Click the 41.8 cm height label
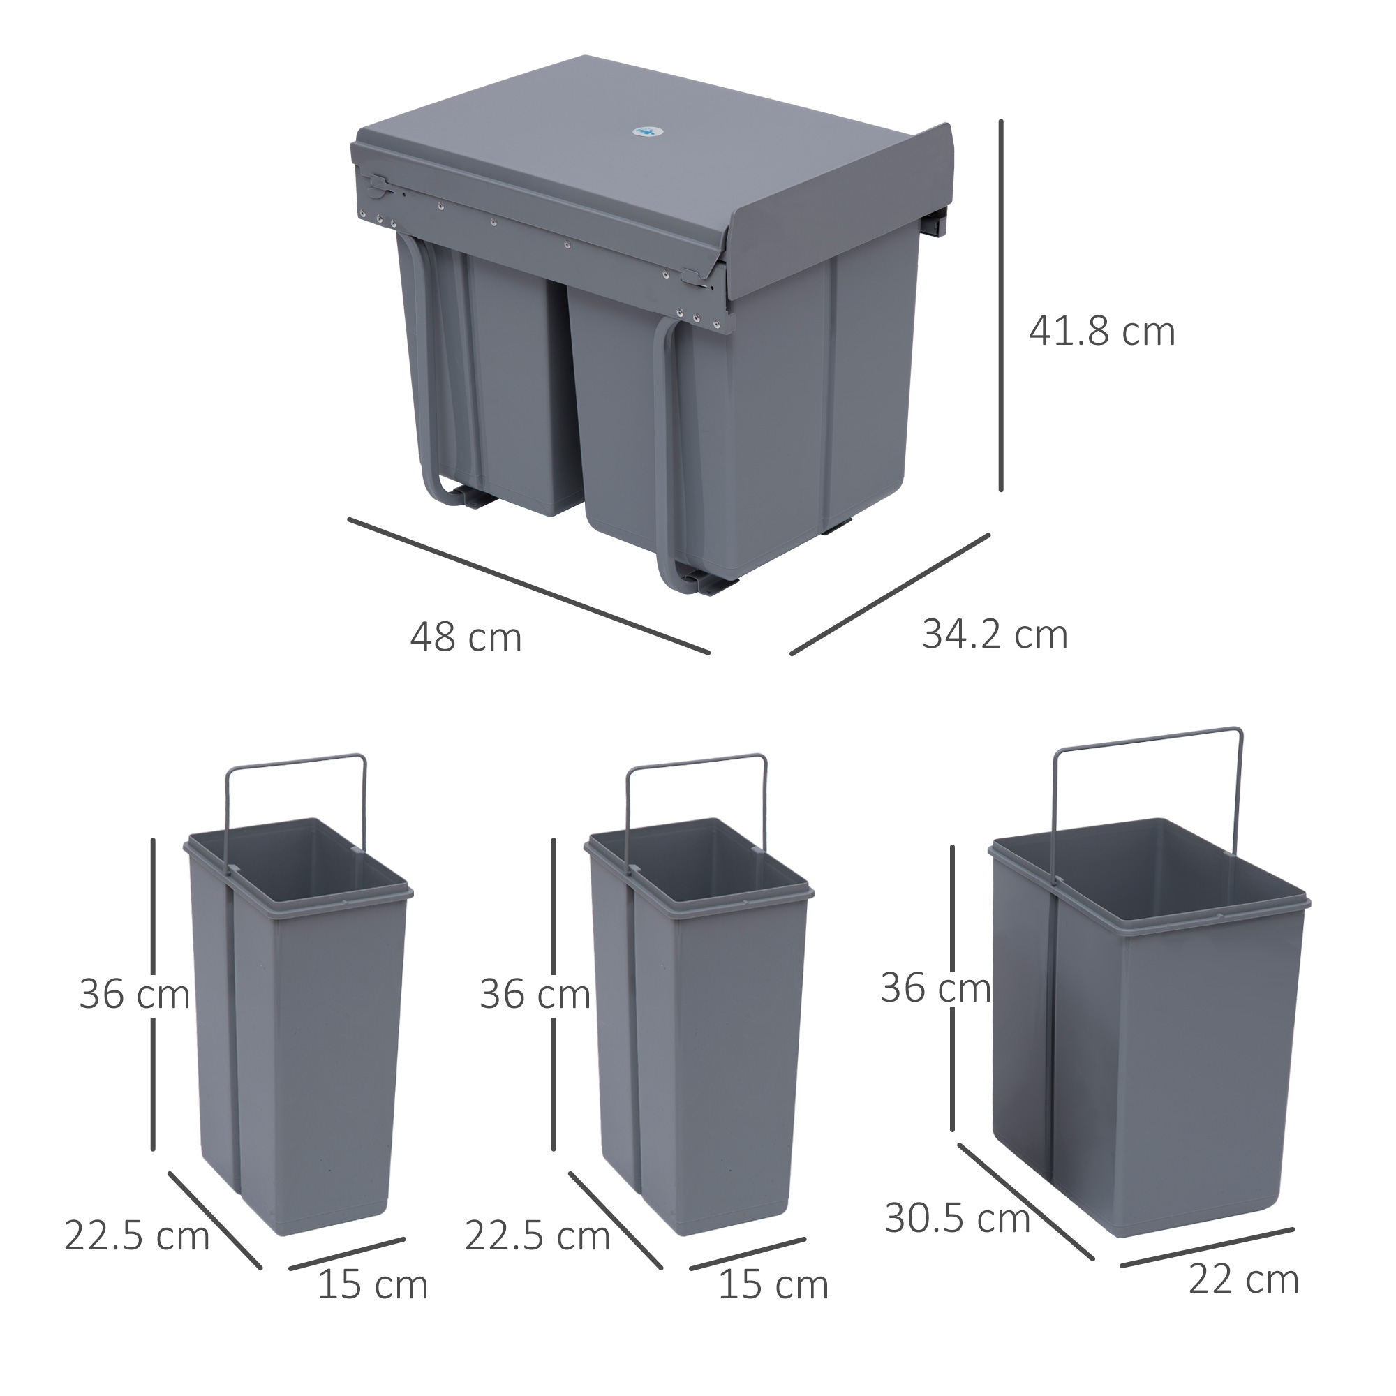[x=1101, y=332]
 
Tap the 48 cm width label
[x=466, y=638]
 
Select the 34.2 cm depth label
[x=994, y=635]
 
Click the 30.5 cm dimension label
[x=957, y=1219]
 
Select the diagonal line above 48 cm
[x=528, y=586]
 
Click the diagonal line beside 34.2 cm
[x=889, y=594]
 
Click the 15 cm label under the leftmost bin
[x=373, y=1286]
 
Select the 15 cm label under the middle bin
[x=773, y=1286]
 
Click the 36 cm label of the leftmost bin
[x=135, y=994]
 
